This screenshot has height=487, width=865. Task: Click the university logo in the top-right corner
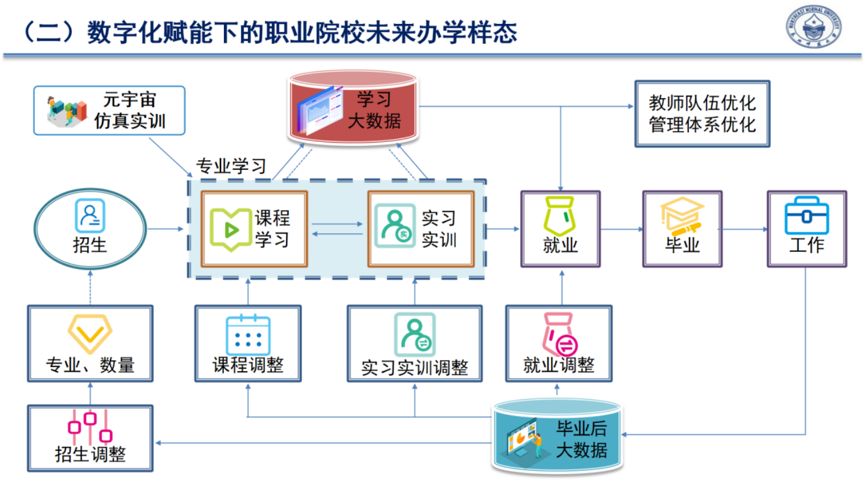[x=814, y=27]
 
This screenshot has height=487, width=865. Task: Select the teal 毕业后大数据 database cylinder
[x=557, y=436]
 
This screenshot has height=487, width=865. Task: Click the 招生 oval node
[x=90, y=229]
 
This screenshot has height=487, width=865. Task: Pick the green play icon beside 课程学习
[x=231, y=229]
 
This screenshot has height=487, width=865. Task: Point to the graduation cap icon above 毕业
[x=682, y=215]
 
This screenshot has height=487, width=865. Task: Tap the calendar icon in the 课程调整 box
[x=248, y=335]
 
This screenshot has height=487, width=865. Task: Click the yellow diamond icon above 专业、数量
[x=90, y=333]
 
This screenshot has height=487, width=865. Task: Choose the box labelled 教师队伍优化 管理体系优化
[x=702, y=114]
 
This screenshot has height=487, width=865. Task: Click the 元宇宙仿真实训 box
[x=109, y=111]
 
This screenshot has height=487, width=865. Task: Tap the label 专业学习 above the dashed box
[x=231, y=166]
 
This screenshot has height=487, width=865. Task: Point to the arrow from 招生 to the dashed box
[x=166, y=229]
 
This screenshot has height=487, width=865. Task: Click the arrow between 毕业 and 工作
[x=745, y=229]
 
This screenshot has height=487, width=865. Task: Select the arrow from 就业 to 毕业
[x=621, y=229]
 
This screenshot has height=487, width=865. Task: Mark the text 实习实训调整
[x=415, y=368]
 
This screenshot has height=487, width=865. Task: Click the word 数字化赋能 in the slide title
[x=150, y=33]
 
